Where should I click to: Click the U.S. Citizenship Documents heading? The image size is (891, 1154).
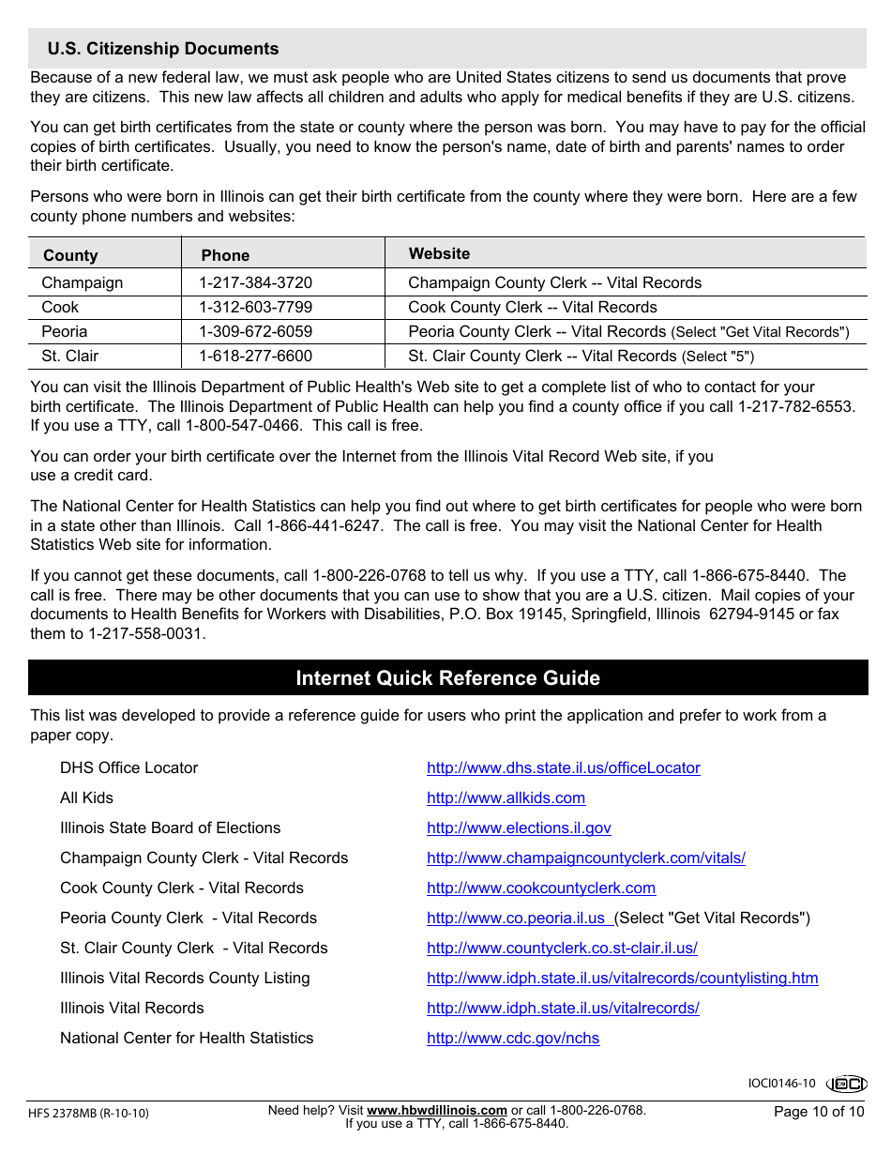point(163,49)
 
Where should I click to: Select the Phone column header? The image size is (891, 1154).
point(225,255)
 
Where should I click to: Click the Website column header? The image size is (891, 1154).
point(439,253)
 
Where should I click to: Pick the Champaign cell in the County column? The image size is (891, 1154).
point(83,282)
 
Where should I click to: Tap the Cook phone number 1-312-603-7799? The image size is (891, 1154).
point(255,307)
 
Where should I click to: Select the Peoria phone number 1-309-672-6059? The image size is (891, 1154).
point(255,331)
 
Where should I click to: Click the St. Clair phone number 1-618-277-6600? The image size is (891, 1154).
point(255,356)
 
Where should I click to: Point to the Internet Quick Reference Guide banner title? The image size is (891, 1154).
point(447,677)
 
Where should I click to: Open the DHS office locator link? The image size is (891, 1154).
point(563,767)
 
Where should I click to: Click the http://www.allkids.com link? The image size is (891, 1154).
point(506,797)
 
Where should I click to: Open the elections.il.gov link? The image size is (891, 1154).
point(519,828)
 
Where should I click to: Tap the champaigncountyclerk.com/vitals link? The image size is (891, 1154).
point(585,858)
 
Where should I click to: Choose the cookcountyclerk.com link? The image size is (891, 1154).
point(540,888)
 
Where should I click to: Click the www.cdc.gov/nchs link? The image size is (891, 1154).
point(512,1038)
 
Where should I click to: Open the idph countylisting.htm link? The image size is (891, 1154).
point(622,978)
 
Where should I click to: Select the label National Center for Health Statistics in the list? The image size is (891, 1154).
point(187,1038)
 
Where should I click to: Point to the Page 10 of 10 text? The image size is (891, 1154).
point(818,1112)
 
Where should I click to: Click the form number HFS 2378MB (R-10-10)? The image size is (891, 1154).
point(88,1114)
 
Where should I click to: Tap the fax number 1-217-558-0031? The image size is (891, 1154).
point(145,633)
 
